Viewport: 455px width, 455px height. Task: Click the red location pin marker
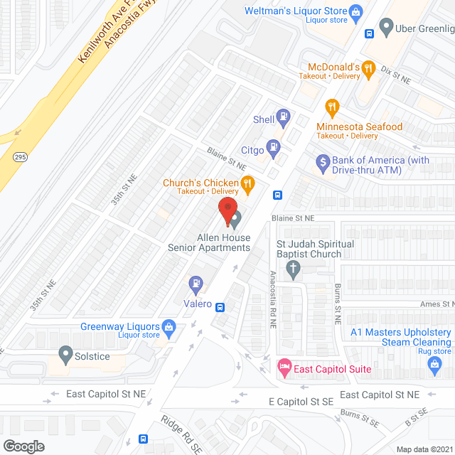pos(227,211)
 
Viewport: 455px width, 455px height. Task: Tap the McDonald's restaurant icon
pos(368,68)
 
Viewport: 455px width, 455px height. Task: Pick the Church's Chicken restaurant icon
pos(247,186)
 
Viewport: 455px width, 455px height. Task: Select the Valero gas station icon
pos(196,284)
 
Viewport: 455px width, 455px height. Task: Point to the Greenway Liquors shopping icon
pos(168,327)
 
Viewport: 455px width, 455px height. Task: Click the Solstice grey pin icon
pos(66,353)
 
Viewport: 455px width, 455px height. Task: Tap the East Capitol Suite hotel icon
pos(284,368)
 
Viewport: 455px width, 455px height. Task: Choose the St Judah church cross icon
pos(292,268)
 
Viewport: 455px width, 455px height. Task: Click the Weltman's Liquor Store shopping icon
pos(355,11)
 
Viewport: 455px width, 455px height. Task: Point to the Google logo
pos(23,446)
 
